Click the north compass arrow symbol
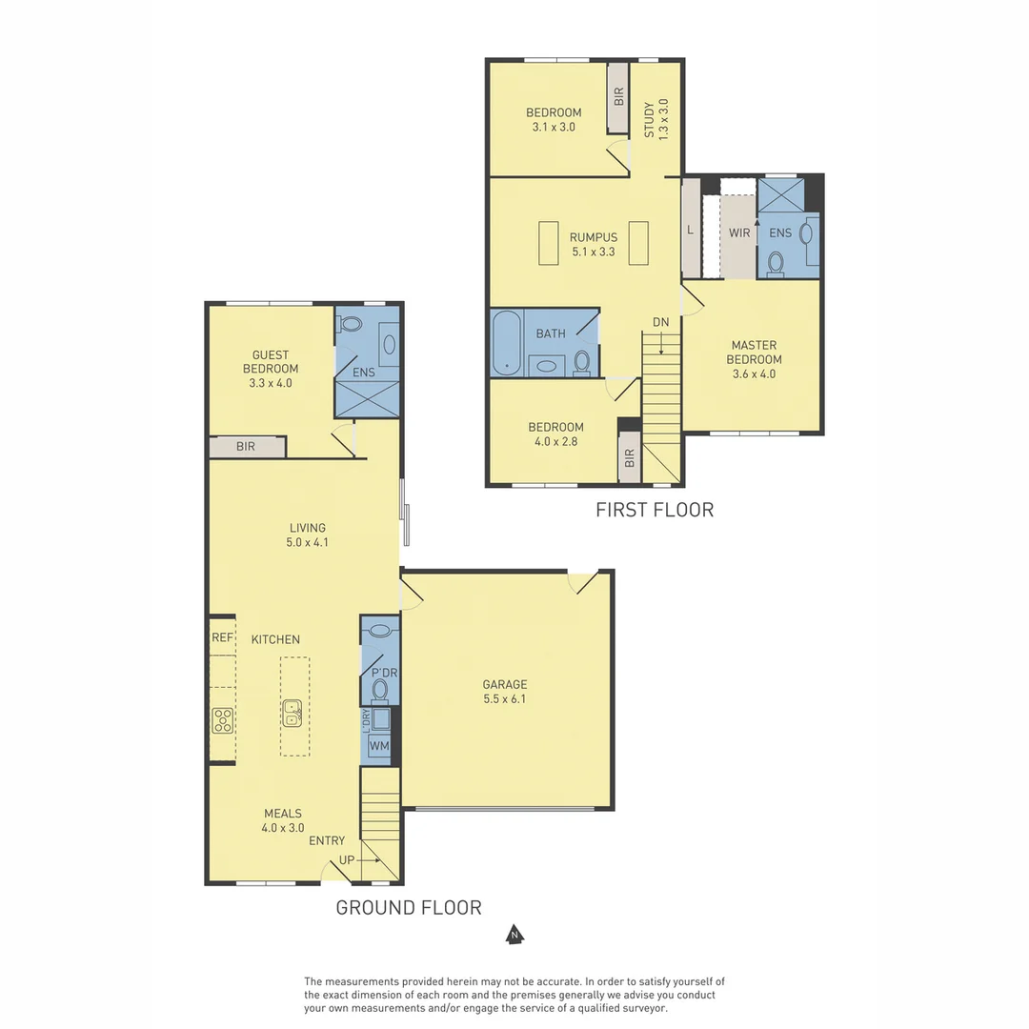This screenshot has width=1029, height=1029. coord(514,935)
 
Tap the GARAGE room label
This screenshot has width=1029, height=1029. coord(505,684)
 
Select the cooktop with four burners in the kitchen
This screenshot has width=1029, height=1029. coord(223,720)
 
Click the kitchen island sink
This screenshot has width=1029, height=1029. coord(293,714)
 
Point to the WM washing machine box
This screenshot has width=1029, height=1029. coord(378,745)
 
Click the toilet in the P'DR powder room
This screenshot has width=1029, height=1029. coord(379,690)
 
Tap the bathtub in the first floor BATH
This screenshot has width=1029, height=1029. coord(507,343)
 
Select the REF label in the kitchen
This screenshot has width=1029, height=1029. coord(222,637)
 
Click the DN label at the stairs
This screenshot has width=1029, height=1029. coord(661,322)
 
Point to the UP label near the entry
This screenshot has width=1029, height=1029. coord(347,859)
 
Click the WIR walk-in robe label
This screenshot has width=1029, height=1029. coord(739,233)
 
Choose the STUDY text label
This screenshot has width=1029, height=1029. coord(649,119)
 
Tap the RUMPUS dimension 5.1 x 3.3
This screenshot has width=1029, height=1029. coord(594,252)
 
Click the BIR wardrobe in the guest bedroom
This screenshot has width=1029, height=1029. coord(248,447)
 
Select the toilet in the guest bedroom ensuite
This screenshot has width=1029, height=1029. coord(350,324)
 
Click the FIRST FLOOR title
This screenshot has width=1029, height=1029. coord(655,510)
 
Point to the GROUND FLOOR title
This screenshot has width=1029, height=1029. coord(409,908)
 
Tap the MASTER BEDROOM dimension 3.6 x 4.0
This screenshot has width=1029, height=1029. coord(754,374)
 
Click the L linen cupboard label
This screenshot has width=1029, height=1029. coord(690,230)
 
